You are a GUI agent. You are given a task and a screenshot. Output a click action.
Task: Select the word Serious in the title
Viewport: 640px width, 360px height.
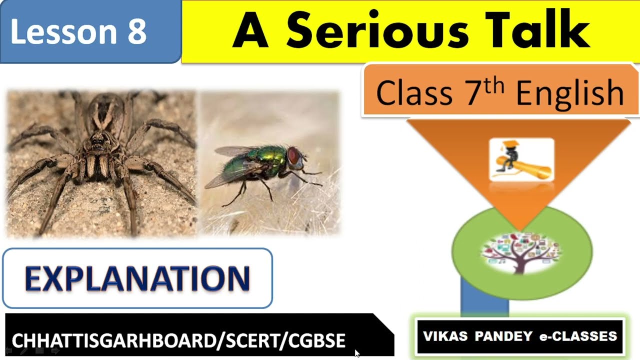point(377,31)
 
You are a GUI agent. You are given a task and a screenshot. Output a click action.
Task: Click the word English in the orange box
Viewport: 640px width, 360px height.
point(569,93)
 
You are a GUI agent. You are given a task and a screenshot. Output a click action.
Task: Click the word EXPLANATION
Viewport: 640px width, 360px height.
point(137,278)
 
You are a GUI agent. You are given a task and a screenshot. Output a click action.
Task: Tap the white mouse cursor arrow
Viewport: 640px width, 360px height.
point(356,353)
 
